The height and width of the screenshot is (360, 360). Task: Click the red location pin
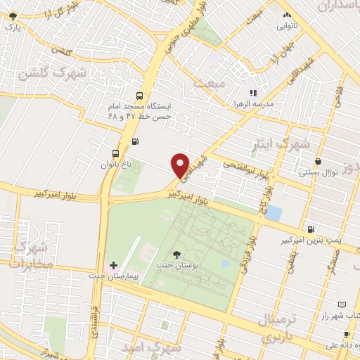(x=181, y=165)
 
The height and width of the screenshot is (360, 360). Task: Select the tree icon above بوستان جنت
(x=176, y=255)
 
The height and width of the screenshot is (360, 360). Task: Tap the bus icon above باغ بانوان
(x=115, y=153)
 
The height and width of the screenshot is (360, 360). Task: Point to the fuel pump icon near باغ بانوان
(x=135, y=141)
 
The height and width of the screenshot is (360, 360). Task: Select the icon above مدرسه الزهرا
(x=254, y=92)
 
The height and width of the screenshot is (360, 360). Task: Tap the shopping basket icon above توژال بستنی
(x=319, y=161)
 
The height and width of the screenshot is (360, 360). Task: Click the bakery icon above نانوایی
(x=286, y=15)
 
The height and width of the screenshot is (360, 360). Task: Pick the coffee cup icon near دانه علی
(x=347, y=334)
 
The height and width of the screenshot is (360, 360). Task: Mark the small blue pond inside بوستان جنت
(x=224, y=264)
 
